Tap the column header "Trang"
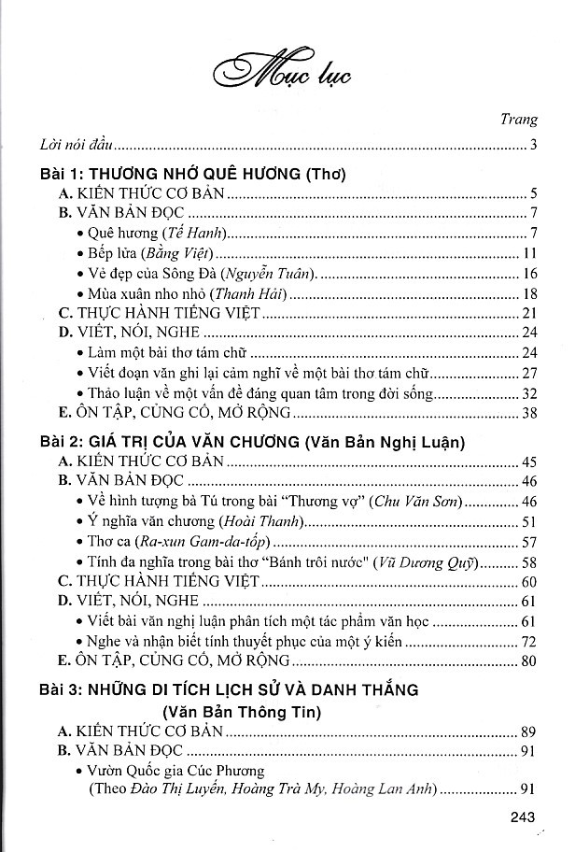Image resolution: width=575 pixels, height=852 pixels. (x=519, y=121)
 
